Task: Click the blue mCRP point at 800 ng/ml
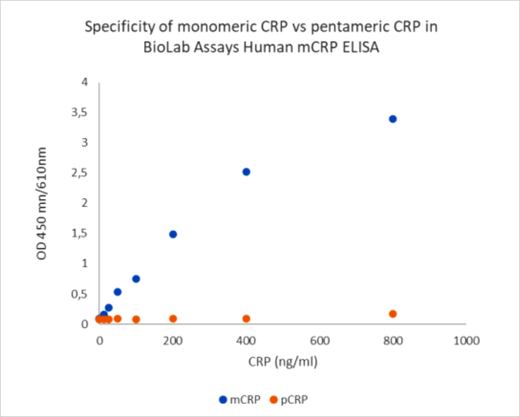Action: (x=392, y=119)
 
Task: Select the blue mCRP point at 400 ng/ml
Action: (x=247, y=172)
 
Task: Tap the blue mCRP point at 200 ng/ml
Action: (x=173, y=234)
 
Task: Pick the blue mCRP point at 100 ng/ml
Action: (x=136, y=279)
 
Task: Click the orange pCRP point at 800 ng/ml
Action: (x=392, y=314)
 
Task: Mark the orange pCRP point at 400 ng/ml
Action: (x=247, y=319)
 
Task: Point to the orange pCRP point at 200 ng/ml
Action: (x=173, y=319)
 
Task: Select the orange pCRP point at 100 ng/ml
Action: (x=136, y=319)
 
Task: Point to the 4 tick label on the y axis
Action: (x=85, y=82)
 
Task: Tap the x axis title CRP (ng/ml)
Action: (x=283, y=362)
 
